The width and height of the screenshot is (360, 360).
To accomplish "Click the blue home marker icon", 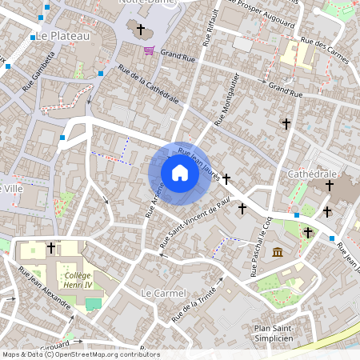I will pyautogui.click(x=180, y=173).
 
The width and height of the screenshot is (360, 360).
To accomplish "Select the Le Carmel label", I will pyautogui.click(x=163, y=294).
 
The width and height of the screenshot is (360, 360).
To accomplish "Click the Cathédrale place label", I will pyautogui.click(x=315, y=174).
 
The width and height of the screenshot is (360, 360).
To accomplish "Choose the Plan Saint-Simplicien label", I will pyautogui.click(x=274, y=333).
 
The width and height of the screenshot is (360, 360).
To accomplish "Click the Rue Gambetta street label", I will pyautogui.click(x=39, y=72).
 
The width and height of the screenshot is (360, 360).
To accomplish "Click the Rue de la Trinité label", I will pyautogui.click(x=194, y=310).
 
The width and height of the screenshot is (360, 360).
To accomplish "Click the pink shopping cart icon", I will pyautogui.click(x=149, y=50).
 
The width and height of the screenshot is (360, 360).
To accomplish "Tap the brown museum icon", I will pyautogui.click(x=277, y=253).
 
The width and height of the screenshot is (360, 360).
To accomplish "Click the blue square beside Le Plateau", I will pyautogui.click(x=33, y=38).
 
